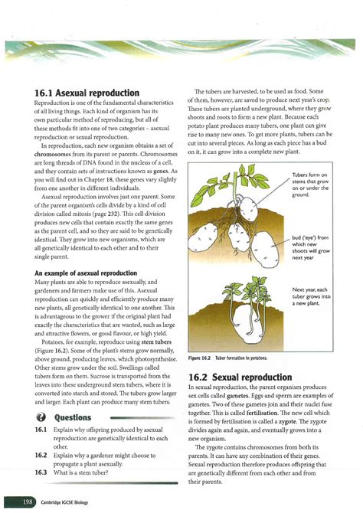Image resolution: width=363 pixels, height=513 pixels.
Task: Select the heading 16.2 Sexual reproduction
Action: click(240, 377)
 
